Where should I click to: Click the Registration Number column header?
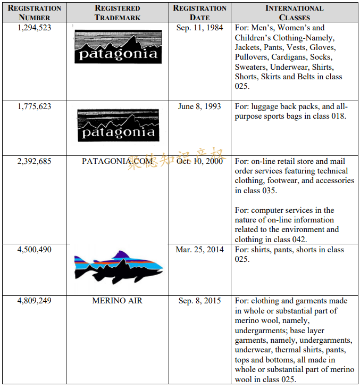tap(35, 13)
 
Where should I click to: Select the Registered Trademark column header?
tap(118, 13)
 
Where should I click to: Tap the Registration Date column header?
tap(200, 13)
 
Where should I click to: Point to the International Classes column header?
tap(294, 13)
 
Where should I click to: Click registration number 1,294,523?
tap(35, 28)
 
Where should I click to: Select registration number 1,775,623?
tap(35, 106)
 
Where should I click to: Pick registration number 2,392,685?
tap(35, 161)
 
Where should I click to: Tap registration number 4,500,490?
tap(35, 250)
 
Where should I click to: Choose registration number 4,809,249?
tap(35, 301)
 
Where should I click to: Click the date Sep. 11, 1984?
tap(200, 28)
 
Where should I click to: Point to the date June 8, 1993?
tap(200, 106)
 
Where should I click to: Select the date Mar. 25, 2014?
tap(200, 250)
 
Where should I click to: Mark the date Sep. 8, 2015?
tap(200, 301)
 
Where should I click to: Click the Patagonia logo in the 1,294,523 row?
tap(118, 46)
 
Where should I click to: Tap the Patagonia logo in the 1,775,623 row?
tap(118, 125)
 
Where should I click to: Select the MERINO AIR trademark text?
tap(118, 301)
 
